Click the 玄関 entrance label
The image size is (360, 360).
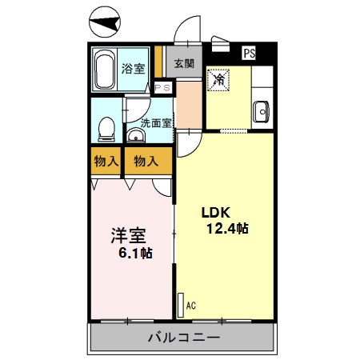coord(184,64)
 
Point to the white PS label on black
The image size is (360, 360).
coord(250,54)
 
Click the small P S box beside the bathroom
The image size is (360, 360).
coord(162,88)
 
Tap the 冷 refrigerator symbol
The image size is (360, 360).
coord(218,79)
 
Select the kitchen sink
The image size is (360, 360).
coord(261,112)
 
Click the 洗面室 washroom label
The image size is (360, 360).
coord(156,122)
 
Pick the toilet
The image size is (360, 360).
coord(106,128)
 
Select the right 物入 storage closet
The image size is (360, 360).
coord(146,161)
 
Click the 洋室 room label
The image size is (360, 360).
coord(127,236)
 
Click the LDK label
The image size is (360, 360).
coord(215,213)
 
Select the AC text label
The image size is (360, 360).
coord(190,305)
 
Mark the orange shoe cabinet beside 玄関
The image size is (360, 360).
coord(159,62)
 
